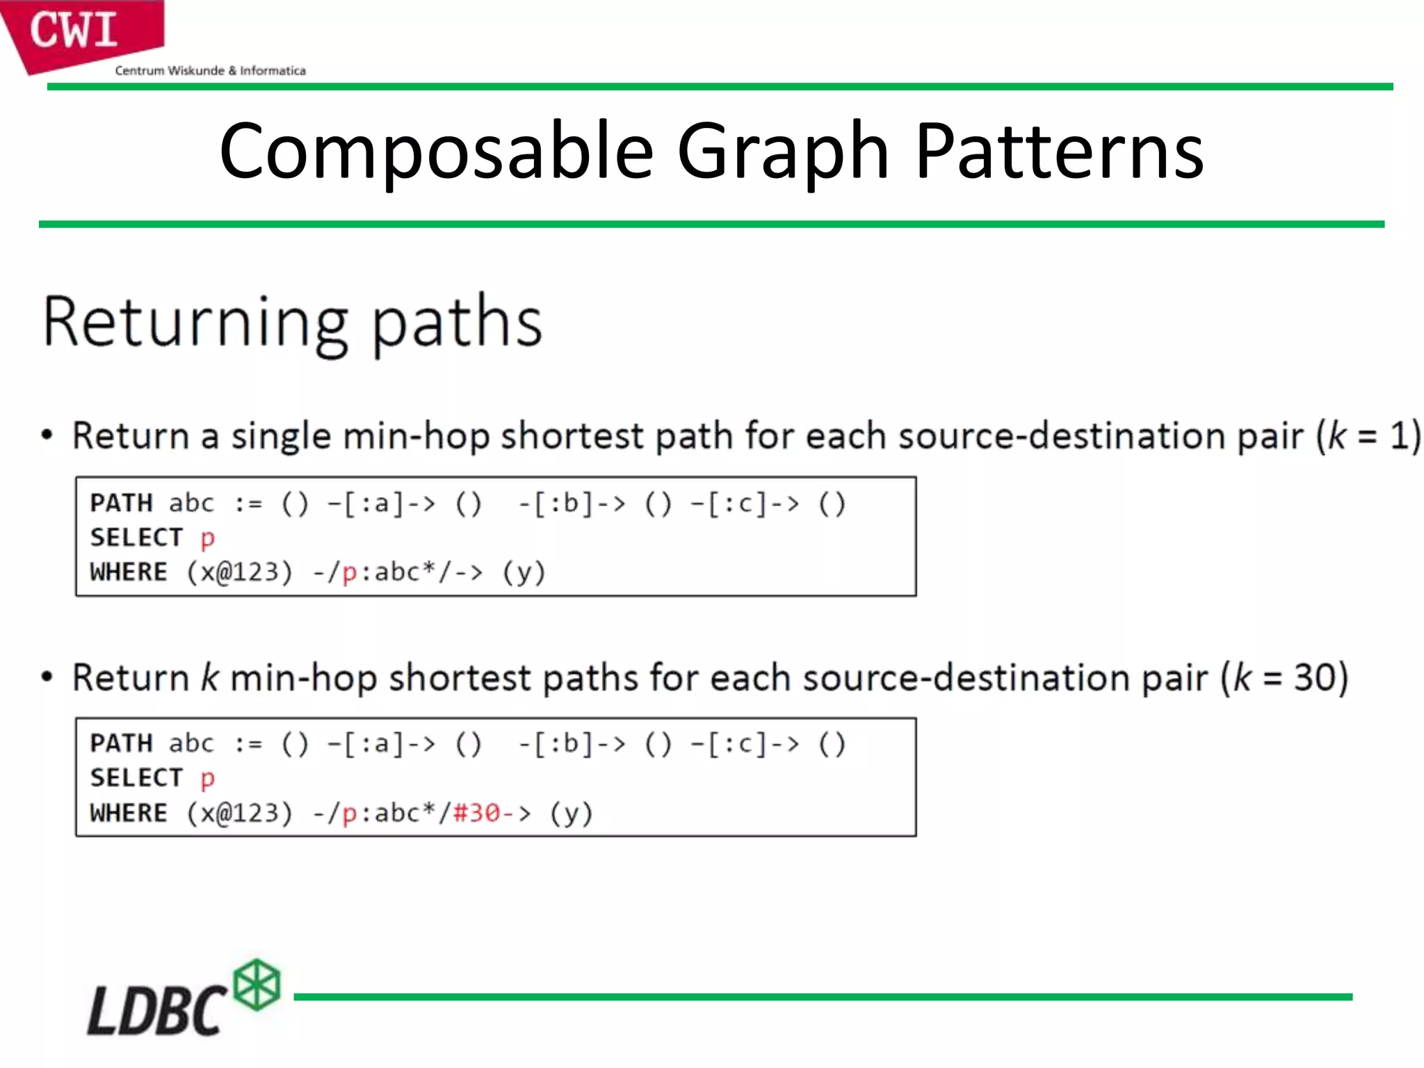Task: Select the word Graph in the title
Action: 783,152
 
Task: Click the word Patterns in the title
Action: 1059,152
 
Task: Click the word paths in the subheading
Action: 457,323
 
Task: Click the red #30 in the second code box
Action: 477,813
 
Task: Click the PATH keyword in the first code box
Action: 121,503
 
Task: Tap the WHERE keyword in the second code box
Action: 129,813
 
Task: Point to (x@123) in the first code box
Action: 239,572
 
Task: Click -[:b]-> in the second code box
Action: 572,744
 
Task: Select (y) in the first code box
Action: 524,572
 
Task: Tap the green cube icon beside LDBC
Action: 257,984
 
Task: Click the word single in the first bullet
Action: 281,437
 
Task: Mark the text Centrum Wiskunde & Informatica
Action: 210,70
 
